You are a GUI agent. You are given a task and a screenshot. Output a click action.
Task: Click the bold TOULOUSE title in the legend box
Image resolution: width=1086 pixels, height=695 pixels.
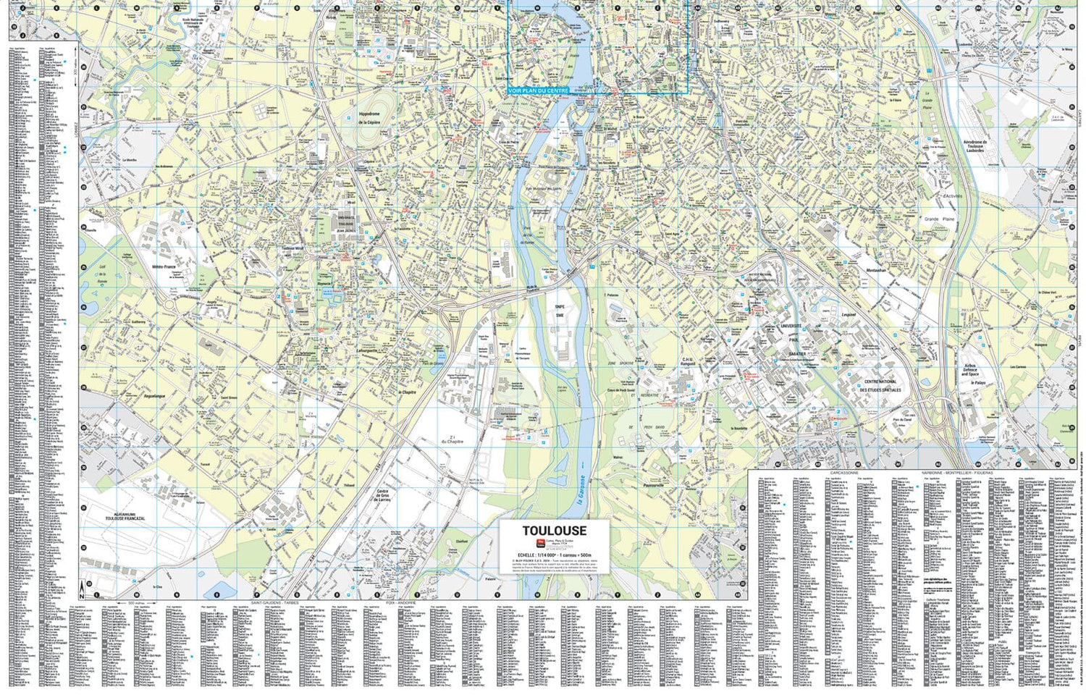(x=554, y=531)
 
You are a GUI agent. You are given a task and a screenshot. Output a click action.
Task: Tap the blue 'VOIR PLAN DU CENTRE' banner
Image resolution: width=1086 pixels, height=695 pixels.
(x=538, y=90)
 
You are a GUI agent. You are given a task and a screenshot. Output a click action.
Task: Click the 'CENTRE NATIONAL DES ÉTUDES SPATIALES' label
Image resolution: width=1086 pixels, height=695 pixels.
(x=880, y=385)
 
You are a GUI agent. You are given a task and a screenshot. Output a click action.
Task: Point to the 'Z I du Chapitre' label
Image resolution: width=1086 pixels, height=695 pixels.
(x=452, y=439)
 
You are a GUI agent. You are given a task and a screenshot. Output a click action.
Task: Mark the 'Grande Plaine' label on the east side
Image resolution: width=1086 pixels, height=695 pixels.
(x=940, y=218)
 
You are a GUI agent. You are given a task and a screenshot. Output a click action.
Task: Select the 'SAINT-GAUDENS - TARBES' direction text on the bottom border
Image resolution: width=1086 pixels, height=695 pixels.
(x=274, y=602)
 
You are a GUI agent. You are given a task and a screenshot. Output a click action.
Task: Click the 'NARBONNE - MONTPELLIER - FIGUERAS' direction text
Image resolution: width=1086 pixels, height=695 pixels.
(x=957, y=472)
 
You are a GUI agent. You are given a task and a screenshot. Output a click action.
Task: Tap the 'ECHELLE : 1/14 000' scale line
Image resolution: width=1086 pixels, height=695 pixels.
(x=554, y=553)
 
